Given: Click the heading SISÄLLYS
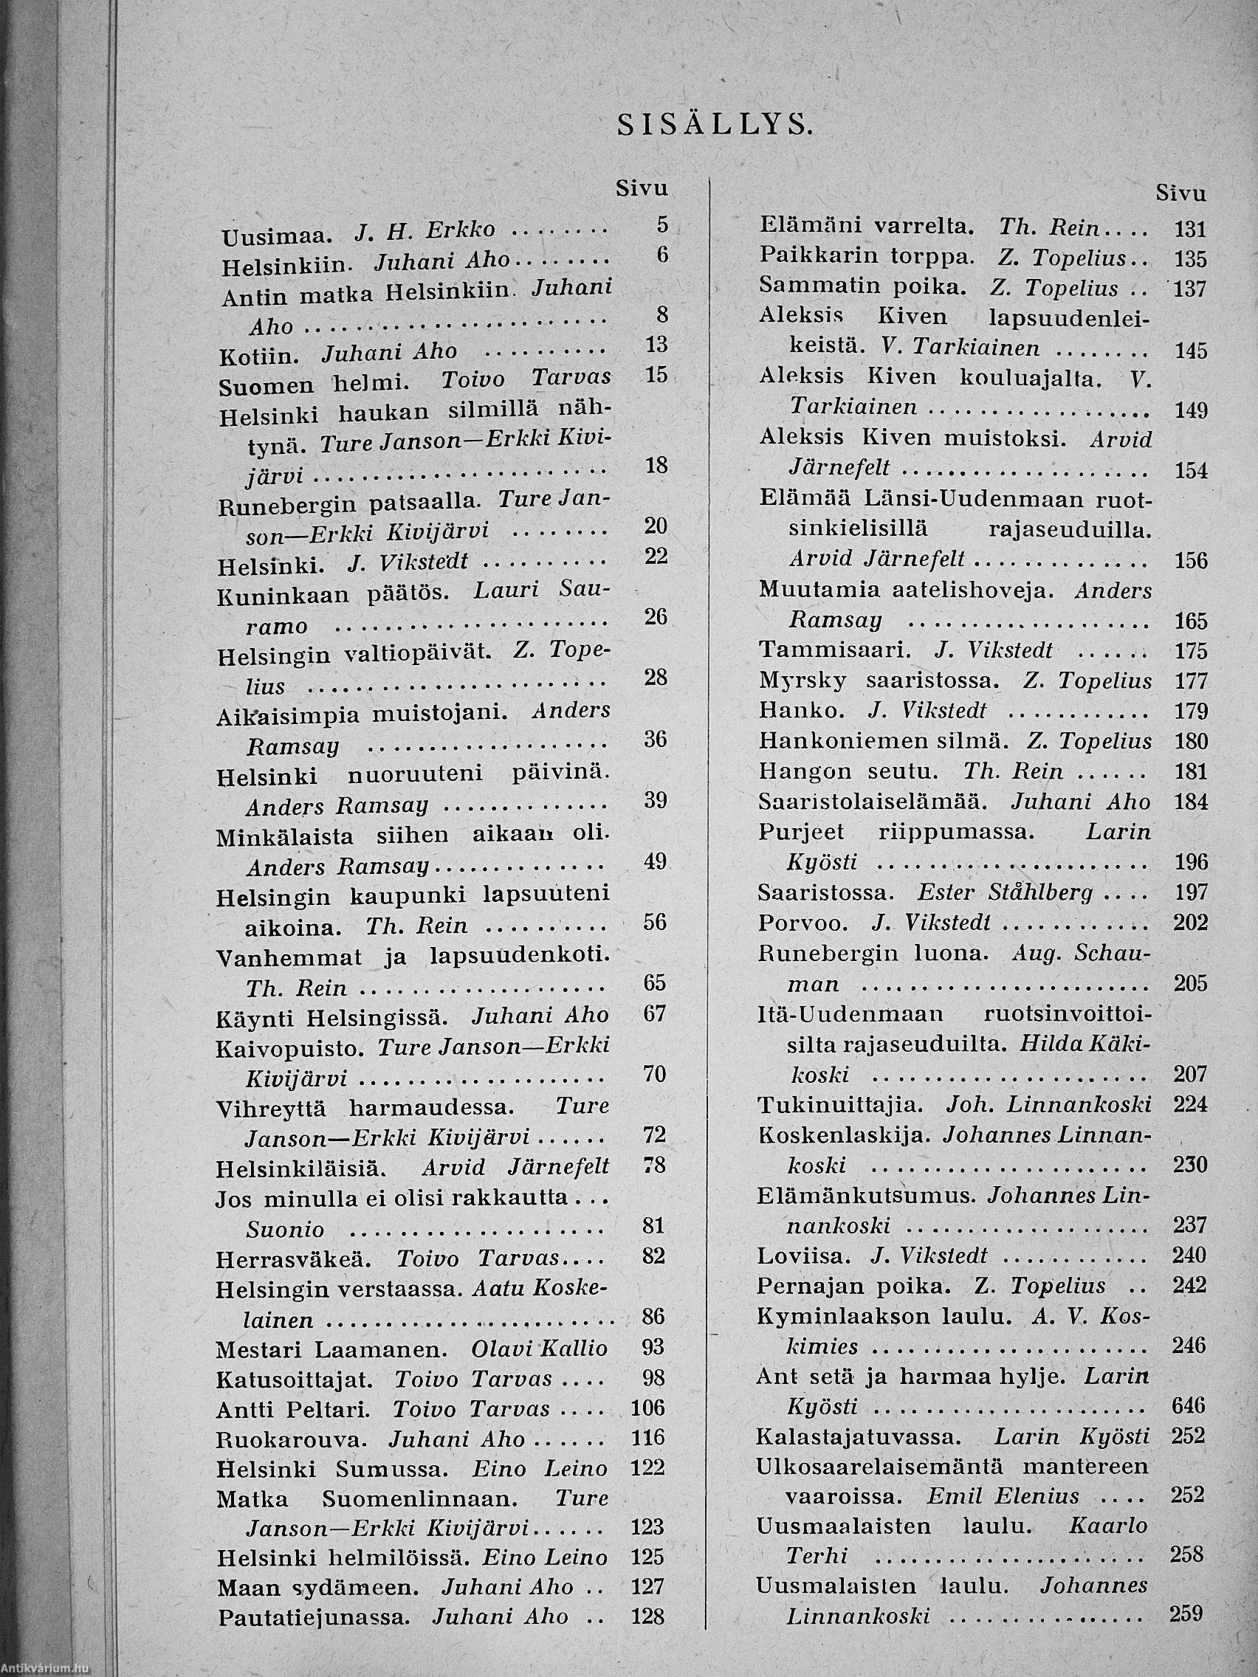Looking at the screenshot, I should pos(714,124).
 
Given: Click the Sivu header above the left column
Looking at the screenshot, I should pos(642,189).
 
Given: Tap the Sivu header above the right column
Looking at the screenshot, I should pos(1180,194).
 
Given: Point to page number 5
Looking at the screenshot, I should pos(662,224).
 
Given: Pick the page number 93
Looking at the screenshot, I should pos(652,1346).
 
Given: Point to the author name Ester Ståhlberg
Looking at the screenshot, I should pos(1005,892).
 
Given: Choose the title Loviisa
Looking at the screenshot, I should pos(801,1256).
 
